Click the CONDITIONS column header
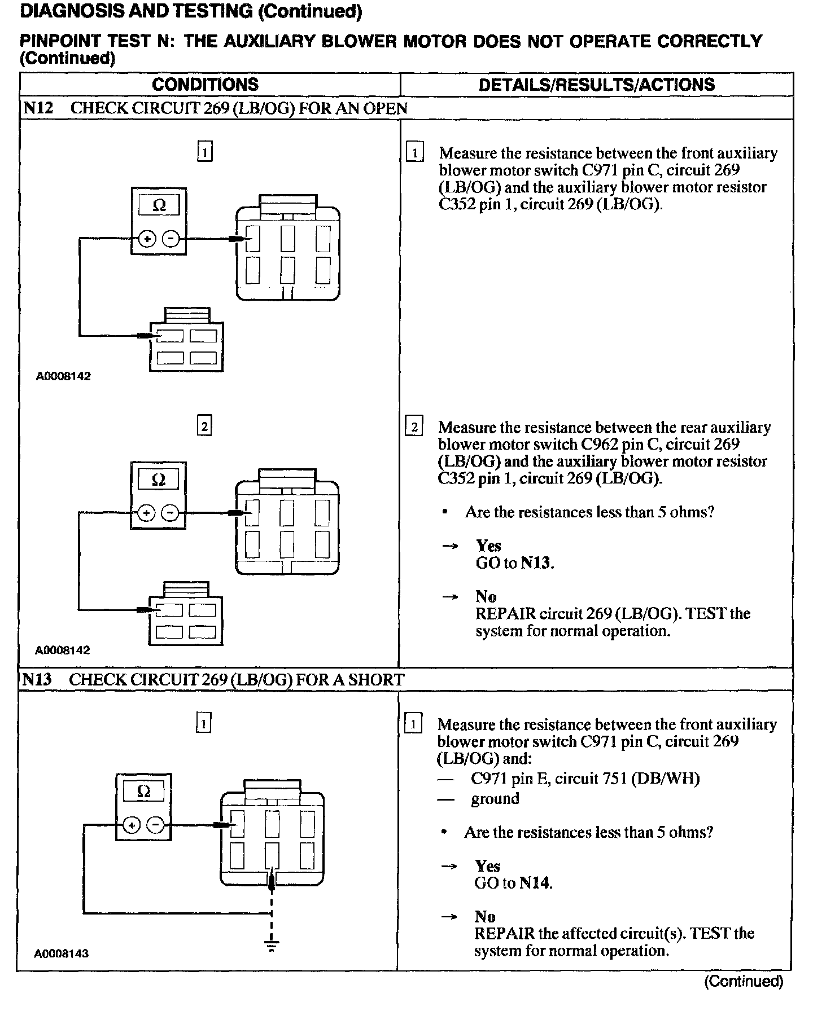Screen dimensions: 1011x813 click(x=205, y=85)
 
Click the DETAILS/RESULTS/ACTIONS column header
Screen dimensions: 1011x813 click(x=596, y=85)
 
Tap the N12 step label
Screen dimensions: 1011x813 click(x=38, y=108)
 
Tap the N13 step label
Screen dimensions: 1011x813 click(x=37, y=679)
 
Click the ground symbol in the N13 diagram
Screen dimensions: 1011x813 click(x=272, y=944)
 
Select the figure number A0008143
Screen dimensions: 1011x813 click(x=62, y=953)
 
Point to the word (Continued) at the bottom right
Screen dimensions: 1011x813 click(x=744, y=981)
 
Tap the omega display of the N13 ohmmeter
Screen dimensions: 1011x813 click(x=143, y=792)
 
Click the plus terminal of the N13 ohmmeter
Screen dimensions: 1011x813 click(x=132, y=825)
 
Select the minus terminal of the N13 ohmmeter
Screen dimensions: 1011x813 click(x=155, y=825)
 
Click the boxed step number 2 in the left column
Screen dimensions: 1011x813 click(x=204, y=426)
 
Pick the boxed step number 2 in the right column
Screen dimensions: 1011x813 click(x=414, y=427)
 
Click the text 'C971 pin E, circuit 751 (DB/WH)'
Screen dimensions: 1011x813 click(x=585, y=779)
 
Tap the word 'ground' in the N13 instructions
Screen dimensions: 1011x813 click(x=495, y=799)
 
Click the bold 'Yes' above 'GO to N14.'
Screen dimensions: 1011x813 click(x=487, y=866)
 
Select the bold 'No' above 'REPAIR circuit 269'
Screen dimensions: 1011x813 click(x=486, y=597)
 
